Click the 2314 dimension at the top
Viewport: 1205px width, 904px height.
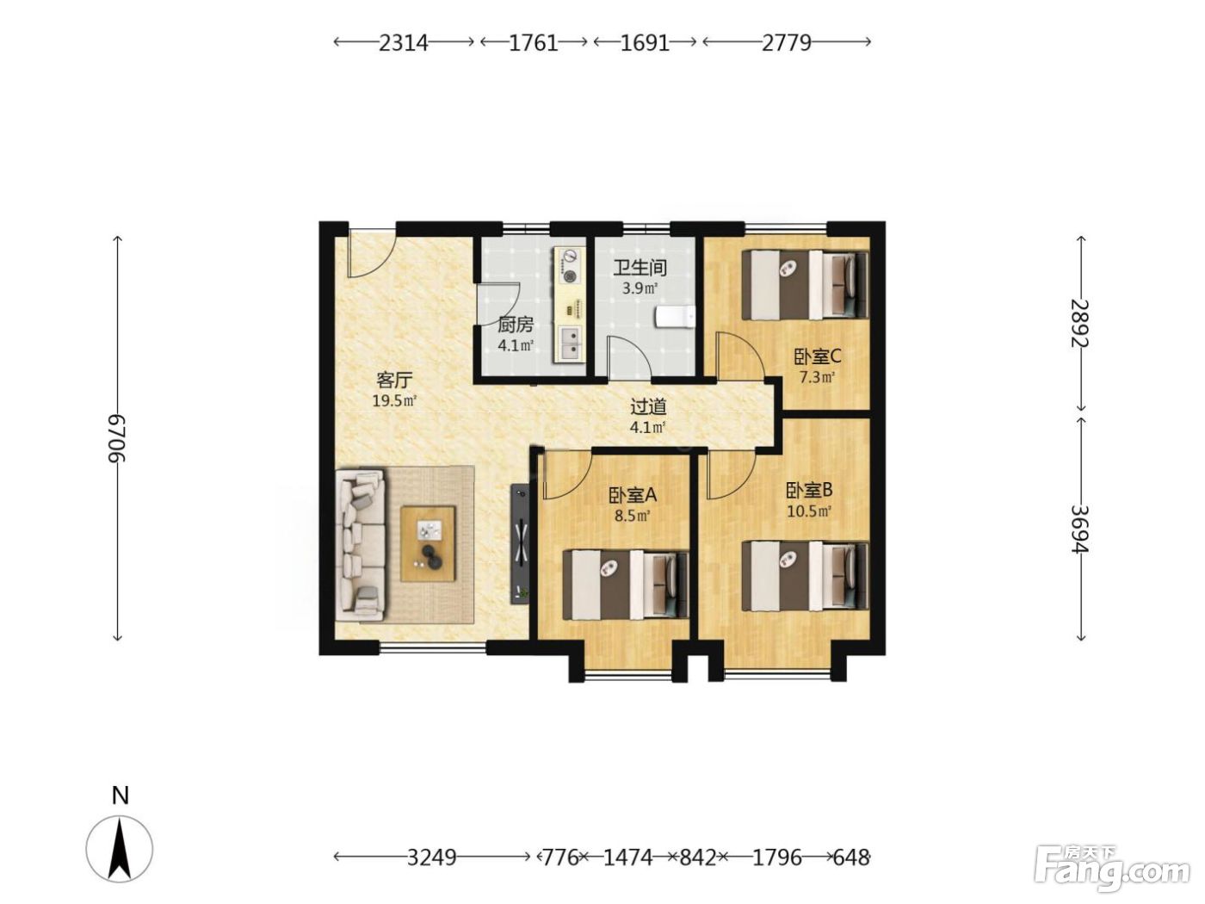click(404, 43)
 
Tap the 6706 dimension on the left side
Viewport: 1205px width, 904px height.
click(116, 438)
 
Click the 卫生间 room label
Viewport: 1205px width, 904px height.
click(640, 268)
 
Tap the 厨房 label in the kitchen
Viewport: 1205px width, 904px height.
click(515, 325)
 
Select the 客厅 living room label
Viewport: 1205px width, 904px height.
click(394, 380)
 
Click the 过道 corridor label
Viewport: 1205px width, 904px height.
click(648, 406)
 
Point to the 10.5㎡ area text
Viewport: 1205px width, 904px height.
click(809, 511)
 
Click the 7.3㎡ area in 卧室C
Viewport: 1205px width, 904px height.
click(818, 378)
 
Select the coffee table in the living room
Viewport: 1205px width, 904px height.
click(428, 544)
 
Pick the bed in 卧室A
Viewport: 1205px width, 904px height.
click(626, 585)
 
